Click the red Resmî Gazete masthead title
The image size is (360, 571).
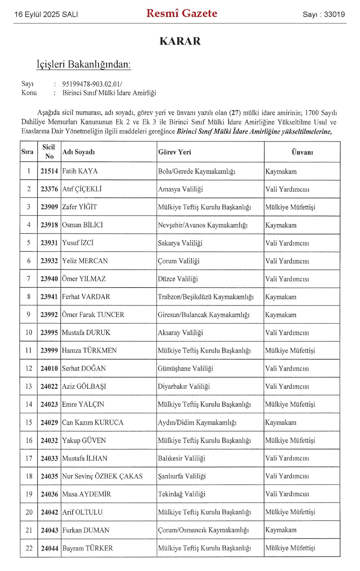182,14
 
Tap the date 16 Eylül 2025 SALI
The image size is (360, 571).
46,14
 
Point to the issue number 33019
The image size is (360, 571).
334,14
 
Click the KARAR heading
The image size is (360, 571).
180,41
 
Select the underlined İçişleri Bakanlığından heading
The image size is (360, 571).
84,64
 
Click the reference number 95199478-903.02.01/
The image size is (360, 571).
92,84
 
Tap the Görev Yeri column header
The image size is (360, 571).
175,152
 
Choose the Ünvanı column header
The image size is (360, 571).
302,152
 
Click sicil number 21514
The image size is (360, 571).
49,171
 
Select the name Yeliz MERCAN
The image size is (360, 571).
85,261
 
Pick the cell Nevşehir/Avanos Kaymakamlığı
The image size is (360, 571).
203,225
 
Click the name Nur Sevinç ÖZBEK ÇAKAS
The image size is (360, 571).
102,476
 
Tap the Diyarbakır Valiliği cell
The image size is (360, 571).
184,386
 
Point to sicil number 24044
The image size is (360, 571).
49,548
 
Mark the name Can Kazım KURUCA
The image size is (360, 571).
93,422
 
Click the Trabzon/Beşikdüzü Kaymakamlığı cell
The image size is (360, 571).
206,297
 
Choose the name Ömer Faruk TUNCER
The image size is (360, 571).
93,315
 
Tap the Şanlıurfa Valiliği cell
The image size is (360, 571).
182,476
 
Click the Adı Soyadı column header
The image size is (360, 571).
79,152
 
